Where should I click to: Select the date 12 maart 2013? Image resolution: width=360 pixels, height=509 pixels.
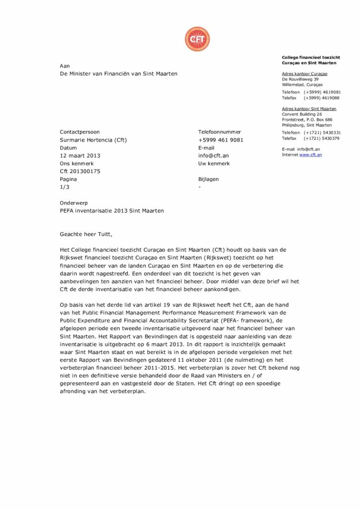click(x=80, y=156)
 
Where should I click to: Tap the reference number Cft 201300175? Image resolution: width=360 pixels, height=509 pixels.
click(x=80, y=171)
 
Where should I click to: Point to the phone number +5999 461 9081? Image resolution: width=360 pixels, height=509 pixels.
click(x=221, y=140)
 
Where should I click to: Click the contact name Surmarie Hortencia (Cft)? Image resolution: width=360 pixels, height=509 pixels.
click(x=93, y=140)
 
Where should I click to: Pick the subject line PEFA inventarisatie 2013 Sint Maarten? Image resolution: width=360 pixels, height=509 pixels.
click(x=111, y=210)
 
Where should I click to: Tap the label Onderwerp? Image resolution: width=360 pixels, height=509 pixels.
click(x=73, y=203)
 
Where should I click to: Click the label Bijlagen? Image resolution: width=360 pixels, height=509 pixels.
click(x=208, y=179)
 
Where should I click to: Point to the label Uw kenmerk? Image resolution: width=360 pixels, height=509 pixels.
click(x=214, y=163)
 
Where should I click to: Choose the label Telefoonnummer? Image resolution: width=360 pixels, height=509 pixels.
click(x=219, y=132)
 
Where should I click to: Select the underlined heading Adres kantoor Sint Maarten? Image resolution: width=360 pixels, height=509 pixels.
click(x=309, y=108)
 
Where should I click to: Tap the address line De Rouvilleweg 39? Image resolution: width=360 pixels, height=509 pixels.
click(x=300, y=79)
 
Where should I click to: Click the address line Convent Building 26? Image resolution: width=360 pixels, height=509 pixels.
click(x=302, y=114)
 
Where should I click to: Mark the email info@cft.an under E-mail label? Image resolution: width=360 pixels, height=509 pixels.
click(x=213, y=156)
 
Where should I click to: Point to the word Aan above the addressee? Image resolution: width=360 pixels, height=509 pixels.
click(x=65, y=66)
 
